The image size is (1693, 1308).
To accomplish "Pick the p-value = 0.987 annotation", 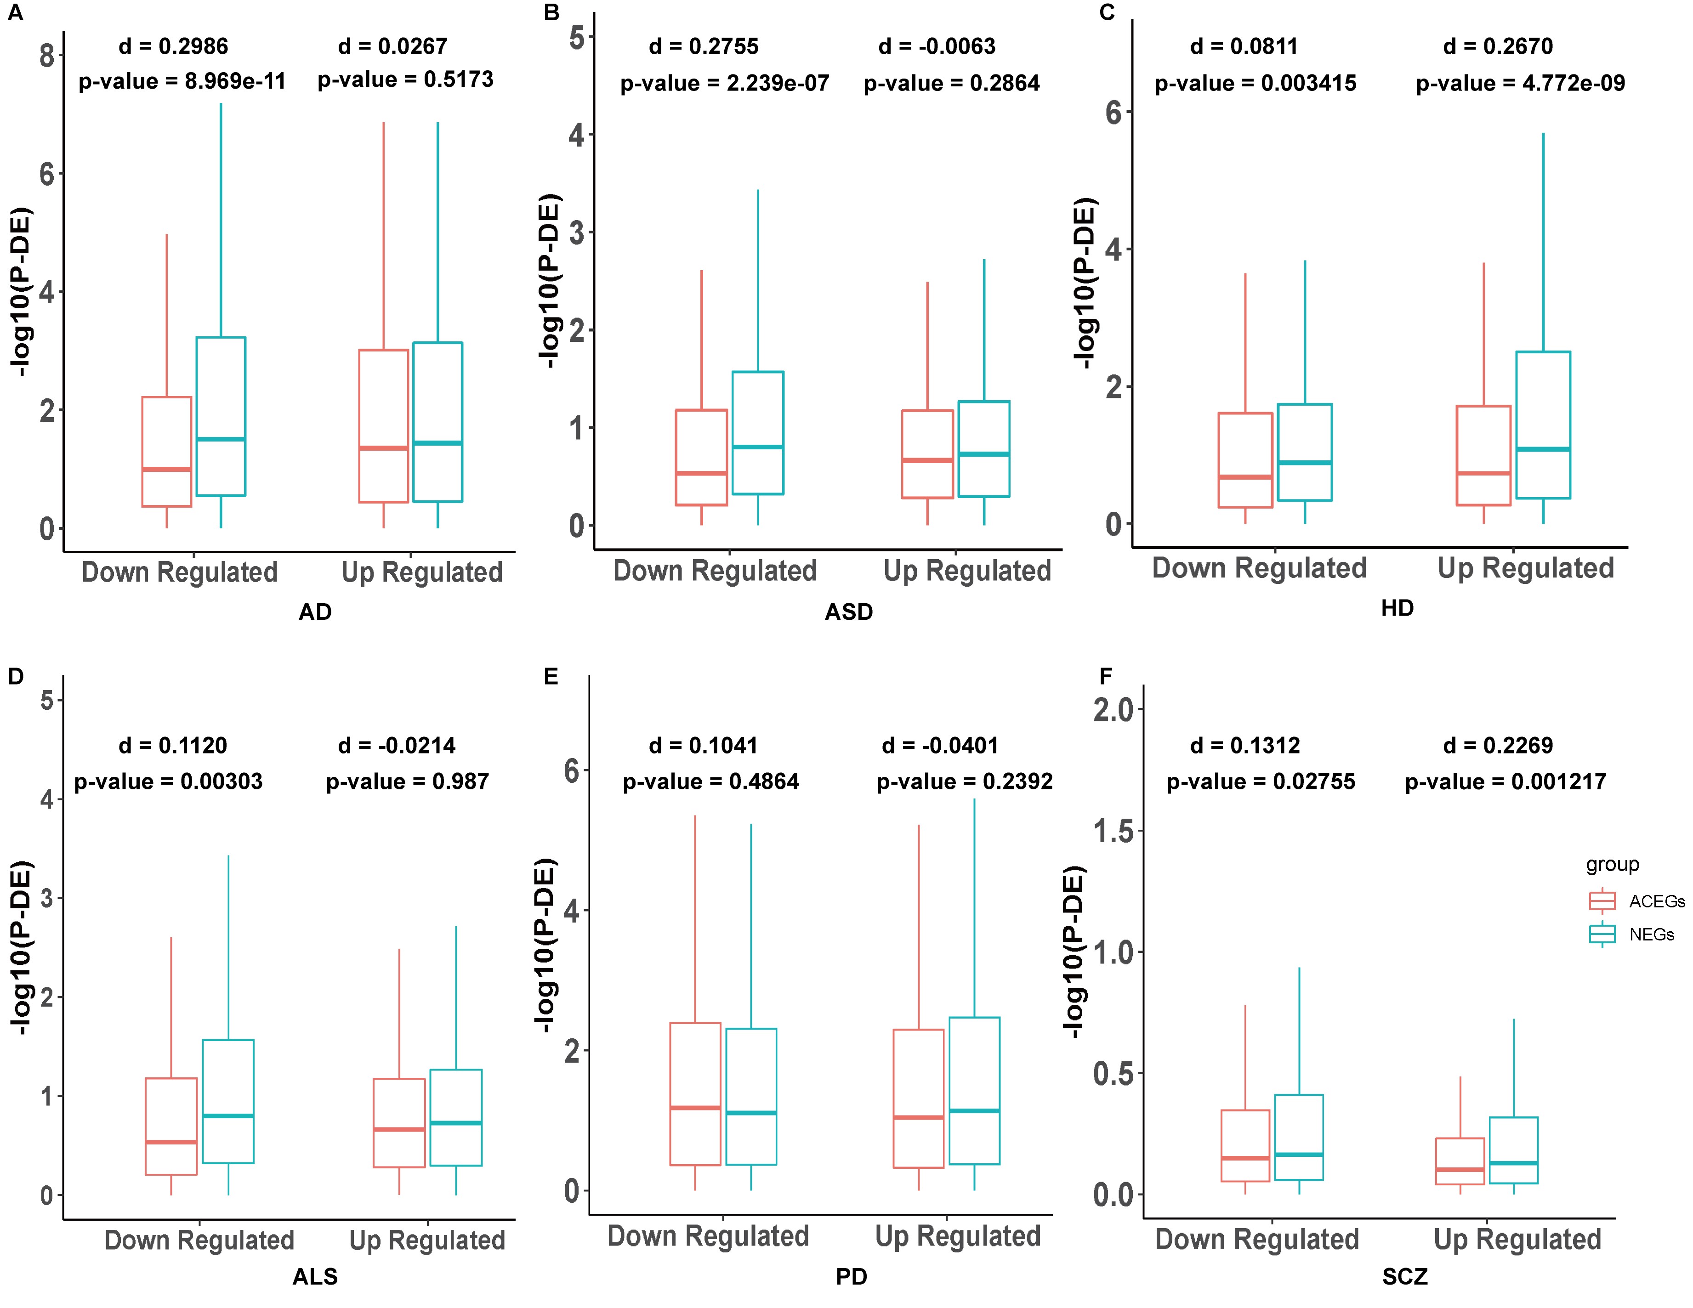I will pyautogui.click(x=407, y=781).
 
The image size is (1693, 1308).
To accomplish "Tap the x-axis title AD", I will pyautogui.click(x=315, y=612).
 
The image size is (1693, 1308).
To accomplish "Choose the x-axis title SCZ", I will pyautogui.click(x=1405, y=1276).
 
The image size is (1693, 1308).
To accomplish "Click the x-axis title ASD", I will pyautogui.click(x=849, y=612).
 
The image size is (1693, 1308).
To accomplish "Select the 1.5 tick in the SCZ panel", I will pyautogui.click(x=1113, y=832).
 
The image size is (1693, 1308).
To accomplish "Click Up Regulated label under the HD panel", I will pyautogui.click(x=1526, y=568).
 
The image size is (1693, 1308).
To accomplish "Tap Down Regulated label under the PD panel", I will pyautogui.click(x=708, y=1236).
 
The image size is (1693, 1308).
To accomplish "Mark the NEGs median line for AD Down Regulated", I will pyautogui.click(x=221, y=439).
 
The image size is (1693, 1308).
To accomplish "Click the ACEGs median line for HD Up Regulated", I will pyautogui.click(x=1484, y=473).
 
